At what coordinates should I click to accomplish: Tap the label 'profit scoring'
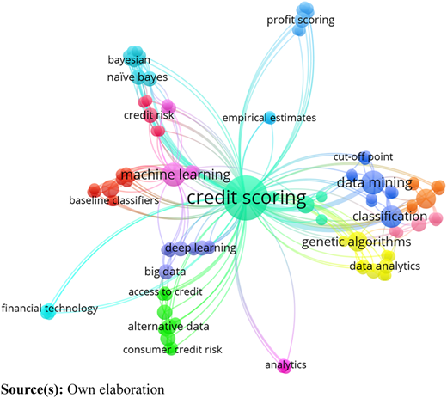pos(301,20)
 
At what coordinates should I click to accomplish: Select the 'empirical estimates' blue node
pos(269,118)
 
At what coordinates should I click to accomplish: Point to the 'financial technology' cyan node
pos(48,311)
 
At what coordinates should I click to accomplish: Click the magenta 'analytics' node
pos(285,366)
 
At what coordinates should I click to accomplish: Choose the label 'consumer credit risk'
pos(173,350)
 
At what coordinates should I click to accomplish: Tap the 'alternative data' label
pos(168,327)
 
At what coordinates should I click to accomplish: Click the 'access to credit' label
pos(165,291)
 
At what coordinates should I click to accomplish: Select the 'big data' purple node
pos(166,272)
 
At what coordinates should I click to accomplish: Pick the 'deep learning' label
pos(200,248)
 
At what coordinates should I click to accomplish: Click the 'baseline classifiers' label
pos(114,200)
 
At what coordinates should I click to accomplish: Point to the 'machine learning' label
pos(175,175)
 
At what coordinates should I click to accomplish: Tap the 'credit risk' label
pos(149,115)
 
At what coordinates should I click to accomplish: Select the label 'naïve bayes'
pos(138,77)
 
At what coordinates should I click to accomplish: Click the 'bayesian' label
pos(129,60)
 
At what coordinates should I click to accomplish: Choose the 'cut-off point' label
pos(363,156)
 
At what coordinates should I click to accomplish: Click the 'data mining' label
pos(375,182)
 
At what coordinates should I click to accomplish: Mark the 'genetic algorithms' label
pos(356,242)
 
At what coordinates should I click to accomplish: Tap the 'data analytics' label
pos(385,266)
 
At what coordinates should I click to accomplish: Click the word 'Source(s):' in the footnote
pos(32,389)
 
